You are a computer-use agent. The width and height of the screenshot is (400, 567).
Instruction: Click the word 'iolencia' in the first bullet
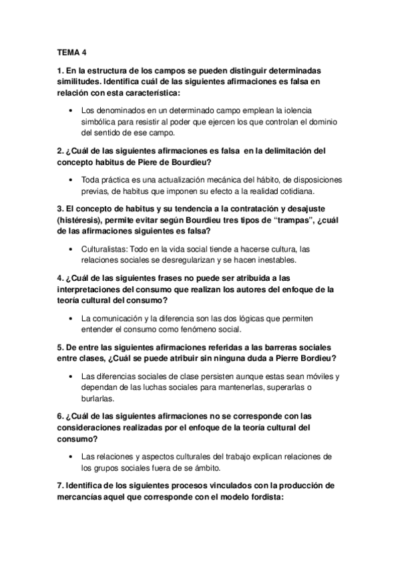[x=301, y=110]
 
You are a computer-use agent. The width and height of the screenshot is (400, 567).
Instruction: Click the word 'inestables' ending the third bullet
[x=280, y=261]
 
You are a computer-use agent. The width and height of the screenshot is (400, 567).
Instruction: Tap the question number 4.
[x=59, y=277]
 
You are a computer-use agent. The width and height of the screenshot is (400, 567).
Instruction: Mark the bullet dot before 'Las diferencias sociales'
[x=71, y=376]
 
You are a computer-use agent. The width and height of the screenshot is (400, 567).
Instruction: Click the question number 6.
[x=59, y=416]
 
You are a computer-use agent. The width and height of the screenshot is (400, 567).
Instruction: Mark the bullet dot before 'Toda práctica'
[x=71, y=181]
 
